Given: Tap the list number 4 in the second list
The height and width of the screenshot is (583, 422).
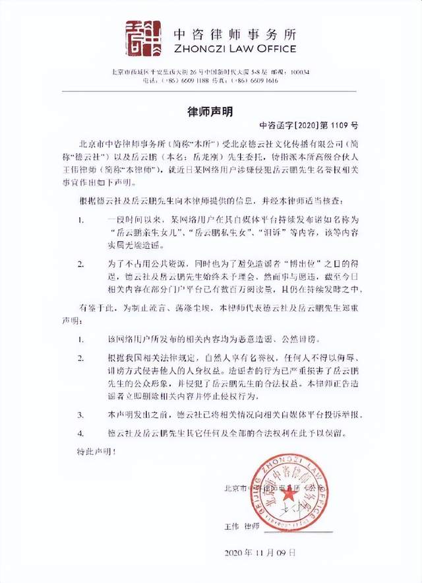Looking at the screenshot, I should [x=81, y=433].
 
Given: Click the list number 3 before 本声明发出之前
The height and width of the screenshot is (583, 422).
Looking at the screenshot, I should [x=81, y=416].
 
